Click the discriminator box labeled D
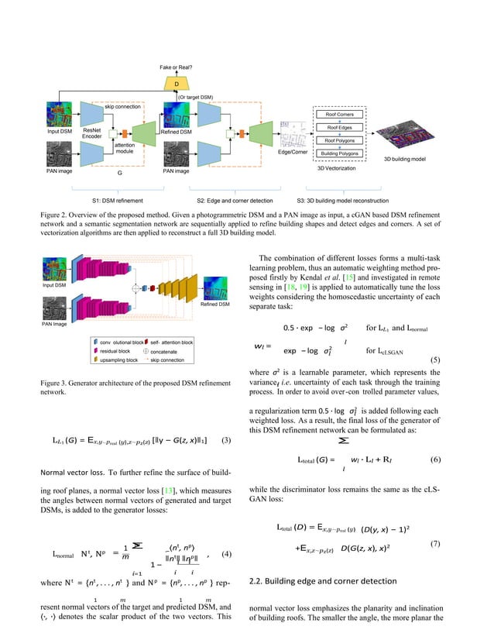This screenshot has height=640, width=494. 177,83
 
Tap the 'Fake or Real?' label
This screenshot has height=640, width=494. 177,68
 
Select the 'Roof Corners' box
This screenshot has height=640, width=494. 340,114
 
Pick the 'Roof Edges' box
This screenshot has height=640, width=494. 340,127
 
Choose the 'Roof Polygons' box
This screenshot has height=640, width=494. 340,140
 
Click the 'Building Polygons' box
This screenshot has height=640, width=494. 340,153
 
